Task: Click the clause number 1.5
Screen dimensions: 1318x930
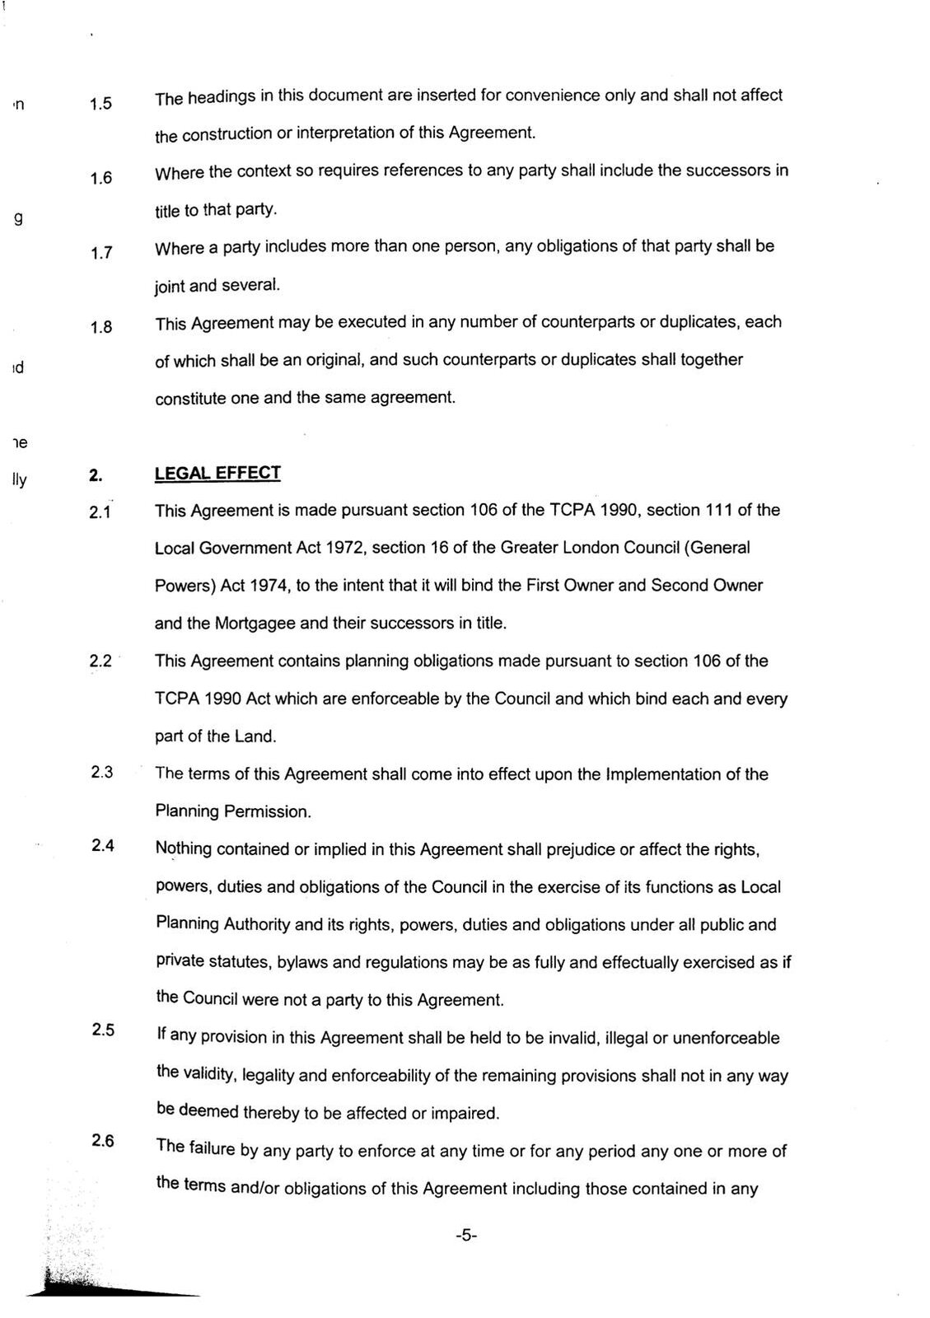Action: pos(100,105)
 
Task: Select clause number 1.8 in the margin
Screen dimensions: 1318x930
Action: pos(100,328)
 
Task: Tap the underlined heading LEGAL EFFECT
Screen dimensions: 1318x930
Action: pos(217,473)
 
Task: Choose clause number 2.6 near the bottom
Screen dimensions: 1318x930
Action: pos(103,1141)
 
